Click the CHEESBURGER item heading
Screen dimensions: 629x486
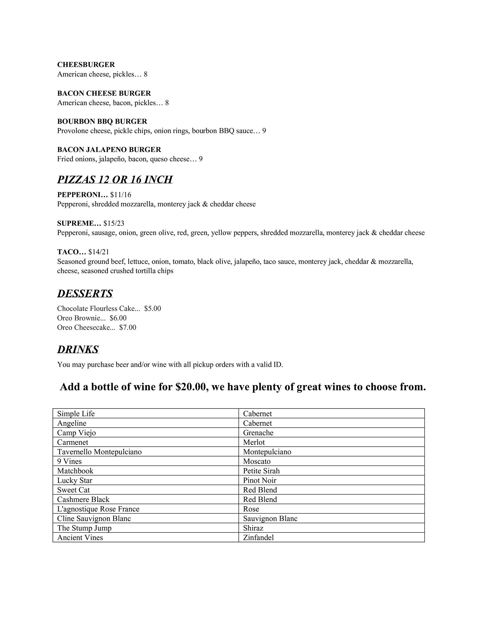click(86, 65)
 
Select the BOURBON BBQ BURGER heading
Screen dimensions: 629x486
click(102, 121)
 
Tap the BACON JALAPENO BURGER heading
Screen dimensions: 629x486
click(109, 150)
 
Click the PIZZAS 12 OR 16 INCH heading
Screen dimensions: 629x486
click(115, 179)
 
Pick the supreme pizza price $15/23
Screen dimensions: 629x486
click(114, 223)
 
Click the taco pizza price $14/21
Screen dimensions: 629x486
click(99, 252)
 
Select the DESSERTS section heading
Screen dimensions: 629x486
click(85, 293)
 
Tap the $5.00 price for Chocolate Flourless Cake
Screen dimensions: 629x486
click(152, 308)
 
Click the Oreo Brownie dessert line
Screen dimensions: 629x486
click(92, 318)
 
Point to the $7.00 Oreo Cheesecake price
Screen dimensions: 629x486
click(127, 327)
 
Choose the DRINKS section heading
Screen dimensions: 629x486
click(78, 349)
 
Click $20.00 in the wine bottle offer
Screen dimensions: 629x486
click(190, 387)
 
